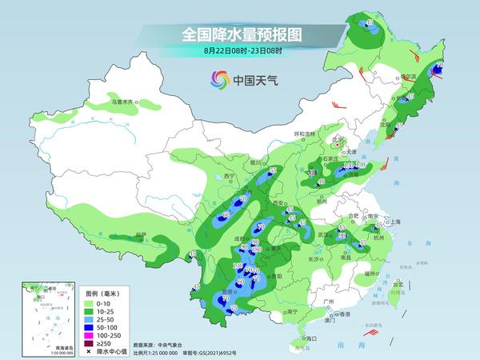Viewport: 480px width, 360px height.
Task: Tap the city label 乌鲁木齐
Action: pos(123,102)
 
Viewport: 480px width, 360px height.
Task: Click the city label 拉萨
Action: pos(141,235)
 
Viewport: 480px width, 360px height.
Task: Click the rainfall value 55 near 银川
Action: pos(272,171)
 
